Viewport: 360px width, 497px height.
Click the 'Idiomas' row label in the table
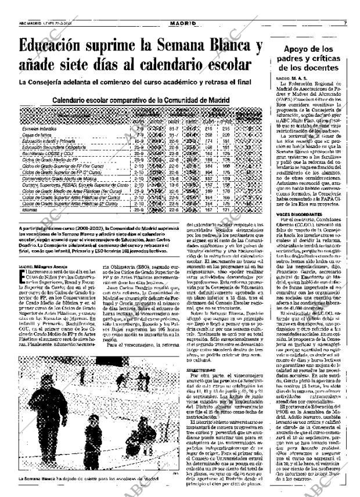(30, 210)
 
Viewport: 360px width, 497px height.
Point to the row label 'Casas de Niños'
(34, 134)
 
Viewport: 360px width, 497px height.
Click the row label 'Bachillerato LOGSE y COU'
(42, 153)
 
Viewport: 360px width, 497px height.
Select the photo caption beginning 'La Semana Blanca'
(87, 478)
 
